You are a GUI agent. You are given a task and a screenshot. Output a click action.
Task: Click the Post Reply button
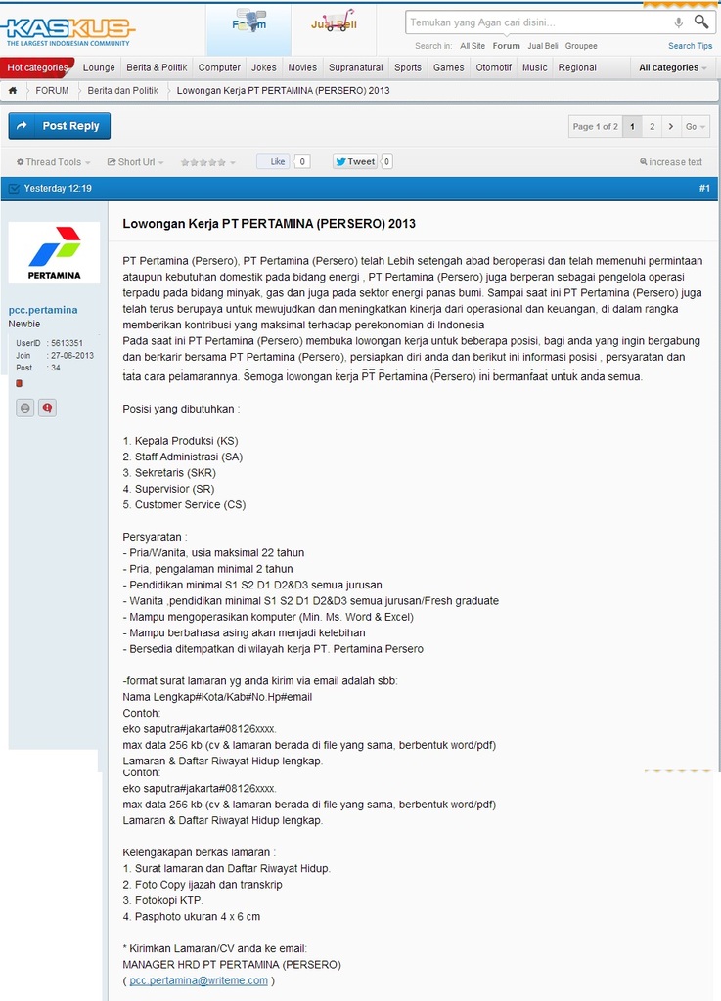pyautogui.click(x=59, y=126)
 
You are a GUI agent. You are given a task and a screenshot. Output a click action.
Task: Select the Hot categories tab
pyautogui.click(x=38, y=67)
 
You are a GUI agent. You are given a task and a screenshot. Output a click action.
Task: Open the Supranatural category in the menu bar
pyautogui.click(x=355, y=67)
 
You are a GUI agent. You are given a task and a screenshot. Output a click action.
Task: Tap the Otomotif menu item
pyautogui.click(x=493, y=67)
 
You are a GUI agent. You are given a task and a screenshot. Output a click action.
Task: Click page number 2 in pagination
pyautogui.click(x=652, y=126)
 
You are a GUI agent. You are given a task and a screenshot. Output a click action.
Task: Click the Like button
pyautogui.click(x=277, y=161)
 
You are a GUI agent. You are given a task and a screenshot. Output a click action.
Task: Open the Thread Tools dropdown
pyautogui.click(x=53, y=162)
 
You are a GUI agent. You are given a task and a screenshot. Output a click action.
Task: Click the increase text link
pyautogui.click(x=671, y=162)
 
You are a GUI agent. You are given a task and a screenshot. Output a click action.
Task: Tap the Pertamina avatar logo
pyautogui.click(x=54, y=252)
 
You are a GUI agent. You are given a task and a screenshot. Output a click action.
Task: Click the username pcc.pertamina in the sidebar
pyautogui.click(x=43, y=310)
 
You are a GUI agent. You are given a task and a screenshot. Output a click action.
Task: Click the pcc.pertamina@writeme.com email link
pyautogui.click(x=199, y=980)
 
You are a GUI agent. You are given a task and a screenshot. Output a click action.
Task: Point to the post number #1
pyautogui.click(x=704, y=188)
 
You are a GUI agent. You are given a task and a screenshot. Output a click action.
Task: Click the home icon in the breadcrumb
pyautogui.click(x=13, y=91)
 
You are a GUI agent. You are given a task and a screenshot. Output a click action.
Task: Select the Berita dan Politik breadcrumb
pyautogui.click(x=122, y=91)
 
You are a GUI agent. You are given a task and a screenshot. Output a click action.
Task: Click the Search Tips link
pyautogui.click(x=690, y=46)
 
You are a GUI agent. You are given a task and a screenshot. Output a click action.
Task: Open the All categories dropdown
pyautogui.click(x=672, y=67)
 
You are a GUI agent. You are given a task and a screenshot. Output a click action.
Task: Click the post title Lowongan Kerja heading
pyautogui.click(x=269, y=223)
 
